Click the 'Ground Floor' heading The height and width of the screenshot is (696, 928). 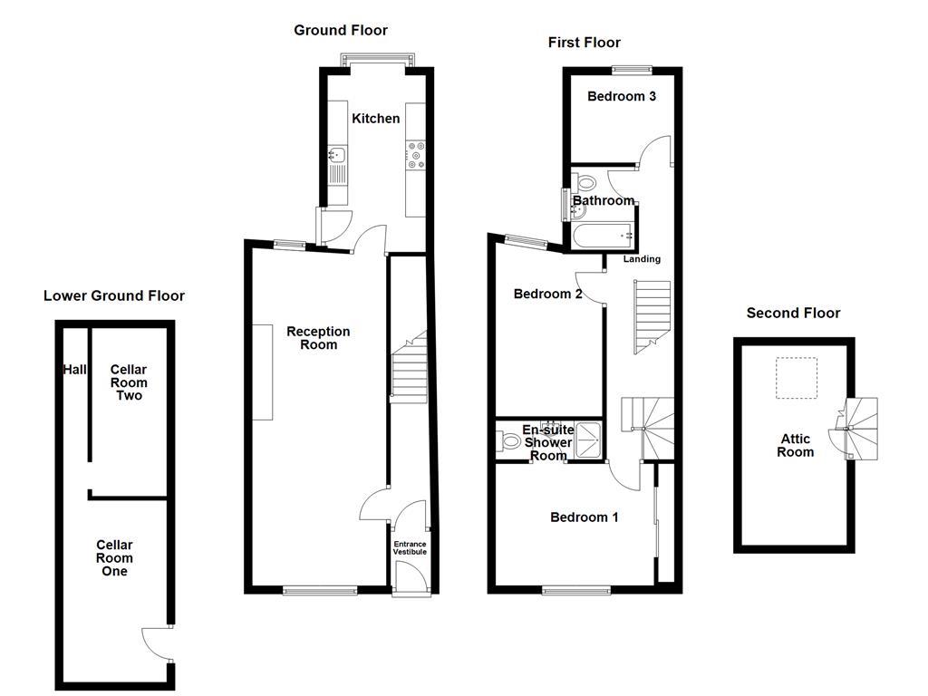[x=340, y=31]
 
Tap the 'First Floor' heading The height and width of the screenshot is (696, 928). [x=584, y=43]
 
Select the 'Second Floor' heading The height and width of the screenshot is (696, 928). [x=793, y=314]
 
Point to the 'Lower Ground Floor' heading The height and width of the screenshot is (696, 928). [x=113, y=296]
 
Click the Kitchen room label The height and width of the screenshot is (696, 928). [x=375, y=119]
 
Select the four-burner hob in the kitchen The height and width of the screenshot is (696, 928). [x=416, y=155]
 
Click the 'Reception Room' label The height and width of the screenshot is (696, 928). [x=318, y=338]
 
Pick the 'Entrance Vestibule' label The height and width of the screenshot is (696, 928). [x=409, y=548]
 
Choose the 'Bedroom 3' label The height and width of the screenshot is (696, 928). [x=621, y=97]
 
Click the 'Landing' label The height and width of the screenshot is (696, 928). [x=642, y=259]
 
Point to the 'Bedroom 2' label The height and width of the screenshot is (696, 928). [x=547, y=295]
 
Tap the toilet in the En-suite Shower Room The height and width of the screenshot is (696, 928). [x=510, y=443]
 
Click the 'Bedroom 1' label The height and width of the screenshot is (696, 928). [x=585, y=517]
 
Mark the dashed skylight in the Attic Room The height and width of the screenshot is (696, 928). [x=797, y=377]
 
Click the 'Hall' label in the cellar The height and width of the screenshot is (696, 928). [x=73, y=370]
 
